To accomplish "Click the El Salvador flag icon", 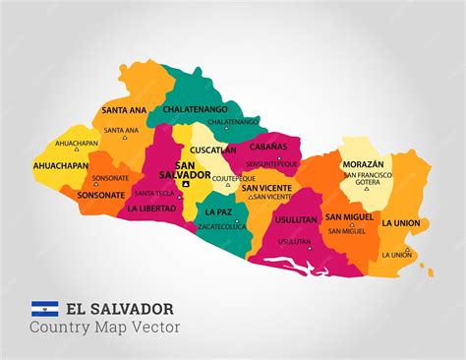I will click(x=44, y=309).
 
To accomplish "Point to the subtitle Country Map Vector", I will click(x=105, y=328).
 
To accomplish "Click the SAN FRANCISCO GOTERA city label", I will click(x=367, y=180).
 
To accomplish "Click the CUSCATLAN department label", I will click(x=213, y=150).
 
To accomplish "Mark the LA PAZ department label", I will click(x=220, y=211).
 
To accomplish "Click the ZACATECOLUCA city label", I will click(x=222, y=225).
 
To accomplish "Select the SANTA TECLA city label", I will click(x=154, y=193).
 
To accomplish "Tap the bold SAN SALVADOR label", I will click(x=192, y=169).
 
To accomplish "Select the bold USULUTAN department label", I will click(x=296, y=222).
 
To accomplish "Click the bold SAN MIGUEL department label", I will click(x=349, y=216).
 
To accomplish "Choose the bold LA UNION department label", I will click(x=401, y=223).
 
